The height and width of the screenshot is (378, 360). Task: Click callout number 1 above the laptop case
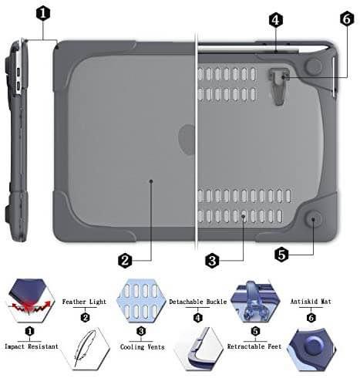(43, 13)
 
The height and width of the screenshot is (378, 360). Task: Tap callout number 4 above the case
(276, 20)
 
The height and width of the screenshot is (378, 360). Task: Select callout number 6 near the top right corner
(347, 19)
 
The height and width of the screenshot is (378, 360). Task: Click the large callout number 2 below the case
(125, 261)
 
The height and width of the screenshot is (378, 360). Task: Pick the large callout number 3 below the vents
(212, 261)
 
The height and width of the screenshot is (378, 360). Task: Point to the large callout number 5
(281, 255)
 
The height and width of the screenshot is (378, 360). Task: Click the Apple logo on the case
(187, 140)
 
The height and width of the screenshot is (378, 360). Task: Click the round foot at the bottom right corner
(314, 219)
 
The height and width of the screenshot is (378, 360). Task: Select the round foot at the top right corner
(314, 66)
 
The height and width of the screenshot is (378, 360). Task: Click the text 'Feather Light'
(84, 302)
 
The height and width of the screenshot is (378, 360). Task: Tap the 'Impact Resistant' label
(32, 346)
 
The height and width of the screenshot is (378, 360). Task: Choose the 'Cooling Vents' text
(143, 347)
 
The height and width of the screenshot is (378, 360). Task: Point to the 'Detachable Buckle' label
(198, 302)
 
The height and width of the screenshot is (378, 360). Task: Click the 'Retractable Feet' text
(254, 346)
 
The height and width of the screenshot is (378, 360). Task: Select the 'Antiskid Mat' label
(311, 302)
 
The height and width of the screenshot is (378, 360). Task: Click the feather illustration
(85, 349)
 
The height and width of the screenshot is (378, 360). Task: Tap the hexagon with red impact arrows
(30, 300)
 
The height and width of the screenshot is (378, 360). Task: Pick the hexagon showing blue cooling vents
(141, 301)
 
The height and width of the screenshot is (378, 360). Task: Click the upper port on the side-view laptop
(19, 72)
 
